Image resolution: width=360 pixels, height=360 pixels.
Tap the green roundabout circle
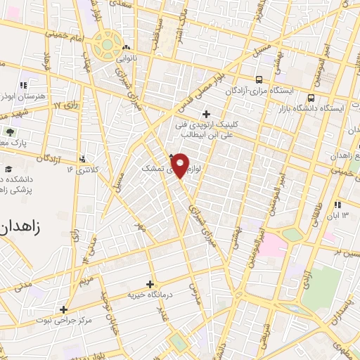coord(107,44)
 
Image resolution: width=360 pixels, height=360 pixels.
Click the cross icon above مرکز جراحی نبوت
coord(64,309)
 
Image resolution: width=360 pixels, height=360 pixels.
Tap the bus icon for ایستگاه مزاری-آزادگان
coord(260,79)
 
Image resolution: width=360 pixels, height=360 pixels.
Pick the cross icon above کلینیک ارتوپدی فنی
coord(205,114)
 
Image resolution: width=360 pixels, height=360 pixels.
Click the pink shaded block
coord(275,245)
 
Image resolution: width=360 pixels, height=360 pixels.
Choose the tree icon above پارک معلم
coord(10,131)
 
